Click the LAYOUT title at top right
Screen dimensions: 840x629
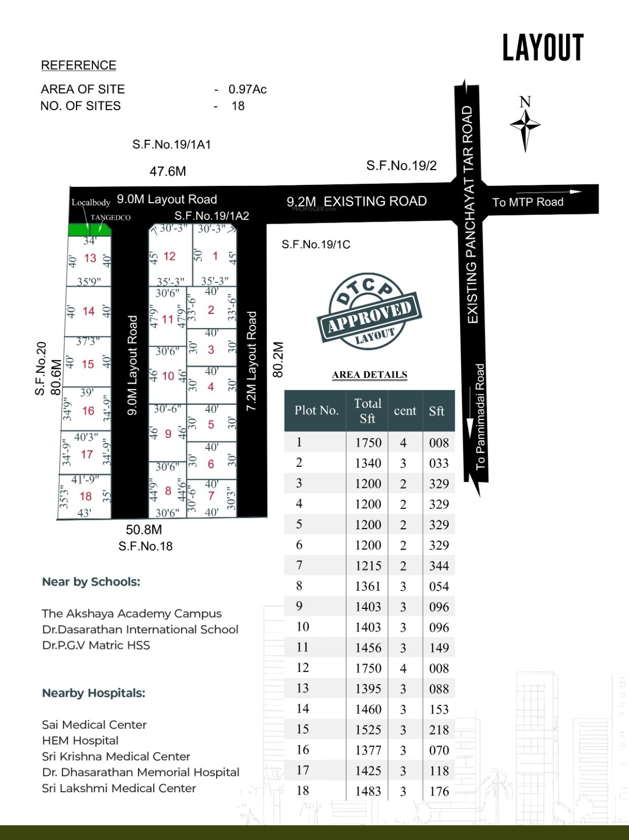click(x=543, y=48)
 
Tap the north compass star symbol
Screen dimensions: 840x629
click(x=525, y=125)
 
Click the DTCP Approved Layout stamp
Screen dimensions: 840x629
click(x=369, y=312)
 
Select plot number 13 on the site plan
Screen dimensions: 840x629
click(x=90, y=258)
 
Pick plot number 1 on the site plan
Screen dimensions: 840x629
click(x=215, y=256)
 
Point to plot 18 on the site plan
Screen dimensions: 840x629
click(x=86, y=496)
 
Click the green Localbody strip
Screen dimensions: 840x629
click(x=89, y=229)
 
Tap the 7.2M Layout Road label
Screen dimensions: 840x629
click(x=252, y=361)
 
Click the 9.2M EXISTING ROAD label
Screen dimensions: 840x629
click(x=357, y=202)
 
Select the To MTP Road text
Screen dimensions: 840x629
click(x=528, y=202)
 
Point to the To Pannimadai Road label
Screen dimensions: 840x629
click(x=480, y=416)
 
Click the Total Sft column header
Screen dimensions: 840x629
click(x=367, y=411)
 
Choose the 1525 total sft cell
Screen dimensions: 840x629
click(x=368, y=730)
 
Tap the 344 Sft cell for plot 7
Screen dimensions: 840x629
click(x=439, y=566)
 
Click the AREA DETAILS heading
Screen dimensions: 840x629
click(x=370, y=374)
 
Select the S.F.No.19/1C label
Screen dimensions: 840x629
click(x=316, y=245)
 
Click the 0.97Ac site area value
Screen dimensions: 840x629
click(x=248, y=90)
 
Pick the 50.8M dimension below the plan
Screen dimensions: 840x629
click(x=144, y=530)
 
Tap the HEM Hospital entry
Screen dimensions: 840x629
click(x=80, y=740)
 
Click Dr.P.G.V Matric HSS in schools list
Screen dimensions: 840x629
click(x=96, y=645)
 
